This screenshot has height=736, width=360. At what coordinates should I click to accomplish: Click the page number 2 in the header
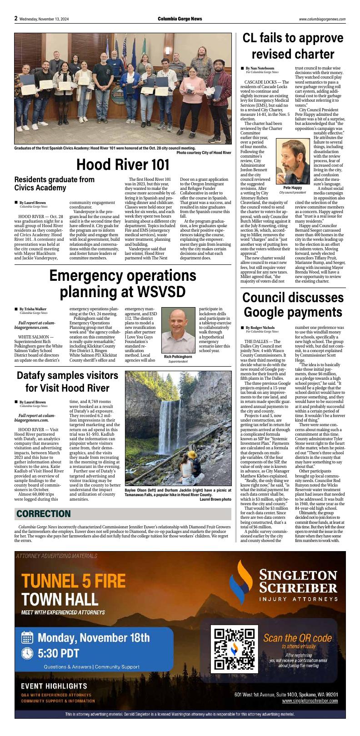[x=16, y=19]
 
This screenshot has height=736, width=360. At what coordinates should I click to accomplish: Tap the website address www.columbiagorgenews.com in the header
[x=322, y=19]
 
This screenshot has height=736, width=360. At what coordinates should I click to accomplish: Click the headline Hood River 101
[x=116, y=165]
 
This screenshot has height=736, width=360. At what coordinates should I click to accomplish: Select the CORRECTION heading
[x=44, y=514]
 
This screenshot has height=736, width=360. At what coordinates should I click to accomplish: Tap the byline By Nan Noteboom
[x=260, y=68]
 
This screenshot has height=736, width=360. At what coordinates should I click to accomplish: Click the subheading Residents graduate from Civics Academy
[x=55, y=184]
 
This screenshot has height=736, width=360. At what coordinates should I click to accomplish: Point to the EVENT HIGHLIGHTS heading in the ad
[x=54, y=686]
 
